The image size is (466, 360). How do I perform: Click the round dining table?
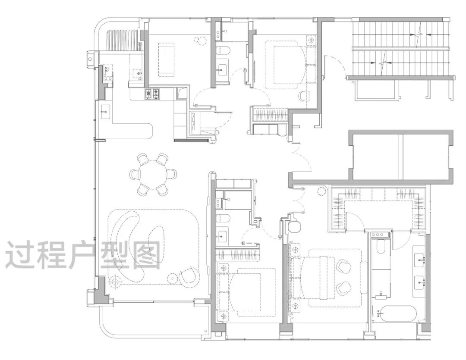[x=153, y=175]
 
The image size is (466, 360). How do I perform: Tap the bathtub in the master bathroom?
[x=397, y=313]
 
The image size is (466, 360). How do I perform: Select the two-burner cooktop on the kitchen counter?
[x=152, y=94]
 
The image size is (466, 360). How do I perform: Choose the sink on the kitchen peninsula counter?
[x=105, y=112]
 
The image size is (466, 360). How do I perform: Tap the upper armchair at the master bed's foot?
[x=344, y=265]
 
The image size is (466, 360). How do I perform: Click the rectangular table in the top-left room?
[x=167, y=59]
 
